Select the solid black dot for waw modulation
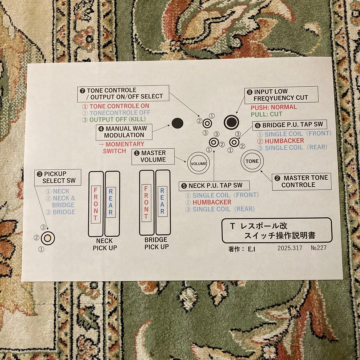[x=177, y=123]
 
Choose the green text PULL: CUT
[x=266, y=114]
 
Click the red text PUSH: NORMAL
[x=274, y=107]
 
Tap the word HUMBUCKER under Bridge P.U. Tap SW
[x=284, y=141]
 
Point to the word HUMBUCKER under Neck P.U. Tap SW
[x=212, y=202]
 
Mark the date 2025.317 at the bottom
[x=290, y=248]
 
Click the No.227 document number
[x=318, y=248]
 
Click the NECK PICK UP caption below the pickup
[x=105, y=245]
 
